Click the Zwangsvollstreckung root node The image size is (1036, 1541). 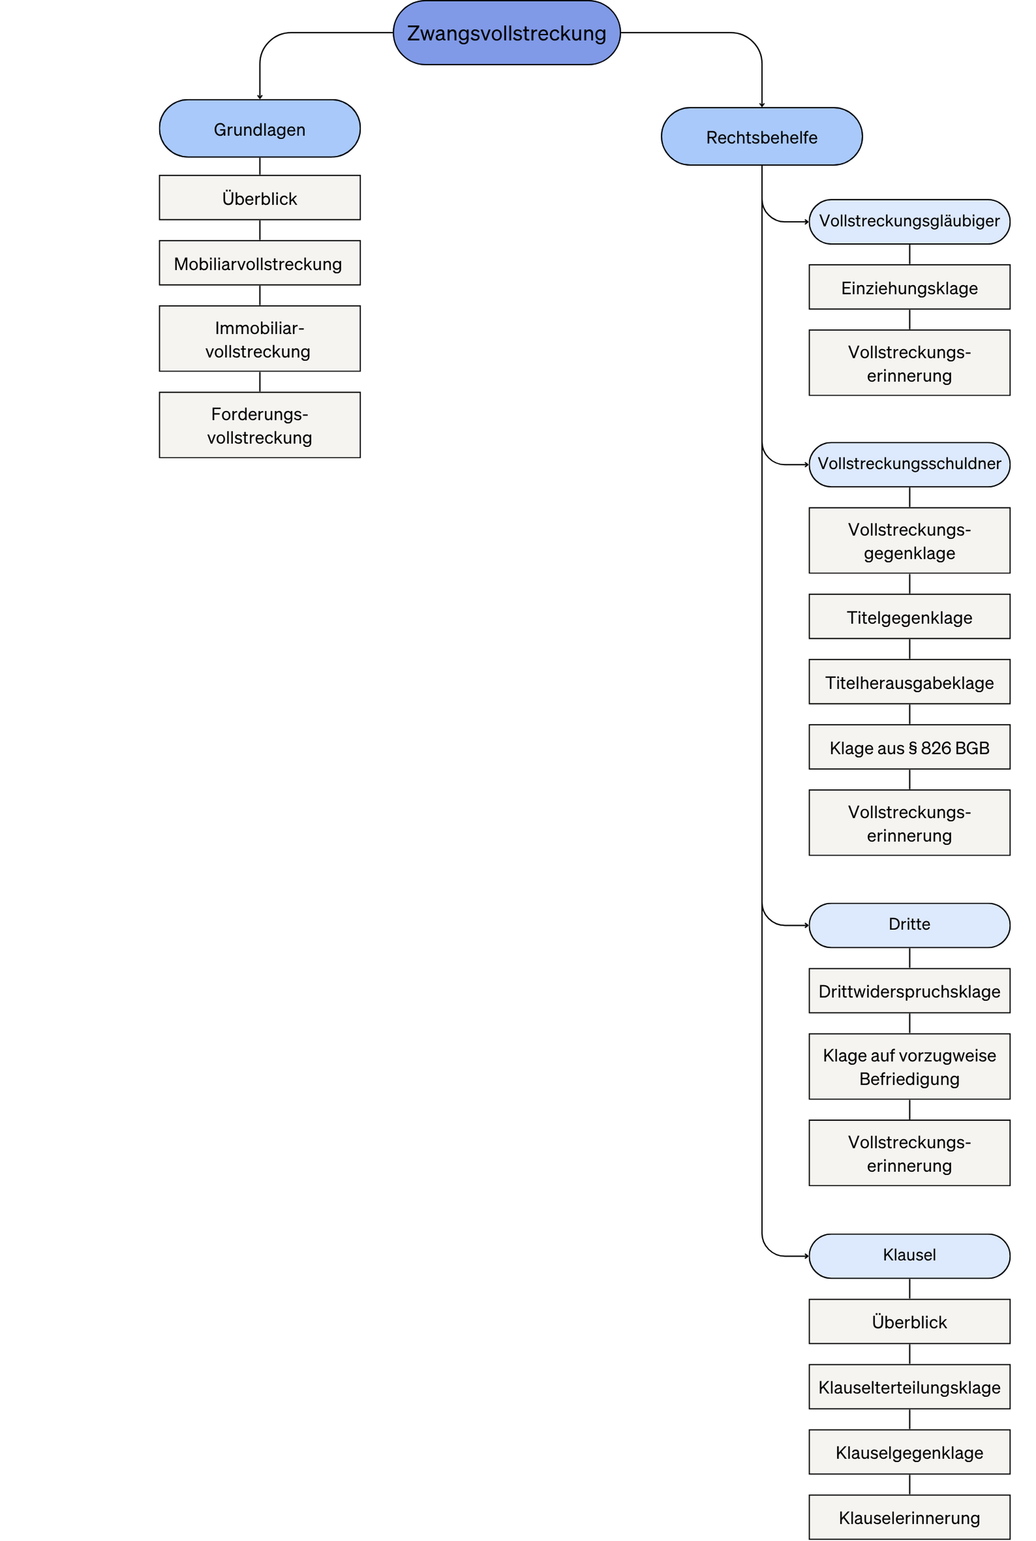(507, 32)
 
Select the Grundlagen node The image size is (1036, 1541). (260, 128)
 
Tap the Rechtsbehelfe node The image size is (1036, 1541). (762, 136)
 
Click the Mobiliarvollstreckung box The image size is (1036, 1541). (260, 263)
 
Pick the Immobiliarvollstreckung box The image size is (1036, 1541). (260, 339)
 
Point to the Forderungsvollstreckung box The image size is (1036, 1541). (260, 425)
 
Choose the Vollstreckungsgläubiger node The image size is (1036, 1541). (909, 222)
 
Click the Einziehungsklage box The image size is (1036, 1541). (909, 287)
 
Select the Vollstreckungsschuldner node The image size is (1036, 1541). (909, 464)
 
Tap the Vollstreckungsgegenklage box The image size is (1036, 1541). (909, 540)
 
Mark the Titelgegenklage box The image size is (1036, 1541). (909, 616)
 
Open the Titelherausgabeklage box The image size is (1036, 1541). (909, 681)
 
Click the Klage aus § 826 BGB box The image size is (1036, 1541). (909, 747)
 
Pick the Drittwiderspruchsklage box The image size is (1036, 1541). (909, 991)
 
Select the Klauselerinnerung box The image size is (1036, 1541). (909, 1517)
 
